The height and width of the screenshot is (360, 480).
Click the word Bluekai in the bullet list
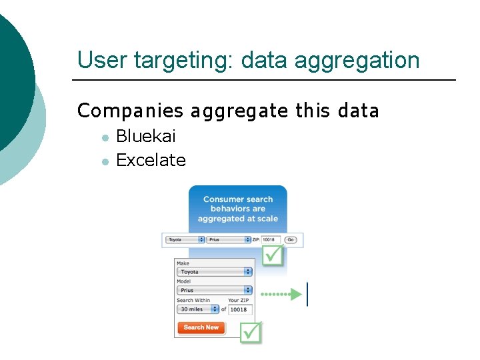pyautogui.click(x=145, y=137)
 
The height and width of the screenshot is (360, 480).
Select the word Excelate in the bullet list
pyautogui.click(x=151, y=161)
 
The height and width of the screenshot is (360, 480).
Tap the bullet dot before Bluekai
pyautogui.click(x=105, y=138)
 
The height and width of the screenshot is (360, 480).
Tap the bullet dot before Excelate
pyautogui.click(x=105, y=161)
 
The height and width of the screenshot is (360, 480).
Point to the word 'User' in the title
pyautogui.click(x=102, y=61)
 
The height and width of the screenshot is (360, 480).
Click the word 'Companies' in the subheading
pyautogui.click(x=130, y=111)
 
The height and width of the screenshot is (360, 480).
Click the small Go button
pyautogui.click(x=291, y=239)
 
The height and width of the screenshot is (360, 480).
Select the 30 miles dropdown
pyautogui.click(x=197, y=309)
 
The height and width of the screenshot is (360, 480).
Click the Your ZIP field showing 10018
pyautogui.click(x=240, y=309)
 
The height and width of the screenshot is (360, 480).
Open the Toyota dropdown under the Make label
pyautogui.click(x=214, y=271)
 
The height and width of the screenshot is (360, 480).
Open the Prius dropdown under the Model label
pyautogui.click(x=214, y=290)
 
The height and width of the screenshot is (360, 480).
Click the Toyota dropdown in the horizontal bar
pyautogui.click(x=185, y=239)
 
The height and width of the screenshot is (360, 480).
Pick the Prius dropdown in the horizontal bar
pyautogui.click(x=228, y=239)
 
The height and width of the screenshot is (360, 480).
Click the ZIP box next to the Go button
pyautogui.click(x=270, y=239)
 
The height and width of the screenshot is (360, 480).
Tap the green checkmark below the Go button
pyautogui.click(x=273, y=255)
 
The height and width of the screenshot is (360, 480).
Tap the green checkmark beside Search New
pyautogui.click(x=251, y=331)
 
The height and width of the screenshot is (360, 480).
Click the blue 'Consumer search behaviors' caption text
pyautogui.click(x=238, y=209)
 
